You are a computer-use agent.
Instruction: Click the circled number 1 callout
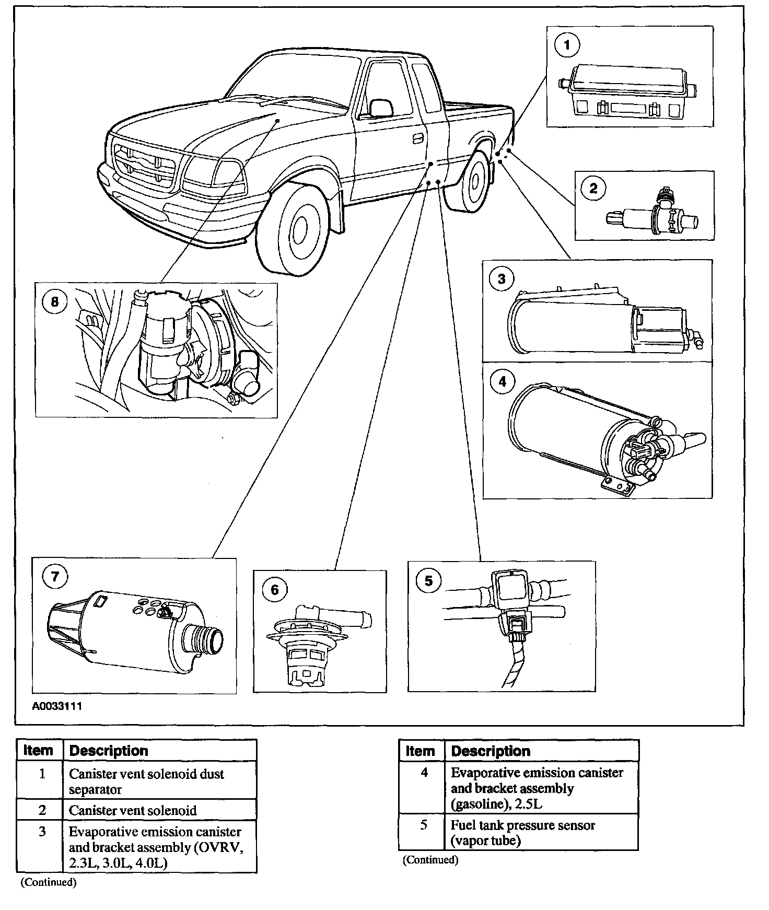[x=567, y=46]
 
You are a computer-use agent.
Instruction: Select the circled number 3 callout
[x=502, y=278]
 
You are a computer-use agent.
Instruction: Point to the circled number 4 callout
[x=502, y=381]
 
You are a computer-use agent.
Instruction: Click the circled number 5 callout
[x=428, y=581]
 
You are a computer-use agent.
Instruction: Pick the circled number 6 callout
[x=274, y=590]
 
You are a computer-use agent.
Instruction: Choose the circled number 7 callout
[x=55, y=577]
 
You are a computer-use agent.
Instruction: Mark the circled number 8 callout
[x=55, y=302]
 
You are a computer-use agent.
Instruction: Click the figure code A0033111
[x=57, y=706]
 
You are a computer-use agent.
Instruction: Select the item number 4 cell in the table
[x=424, y=773]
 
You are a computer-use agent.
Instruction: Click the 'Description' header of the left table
[x=109, y=751]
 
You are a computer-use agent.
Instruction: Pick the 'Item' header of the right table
[x=420, y=751]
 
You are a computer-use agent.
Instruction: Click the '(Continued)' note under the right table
[x=430, y=859]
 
